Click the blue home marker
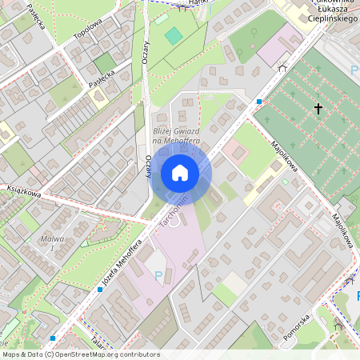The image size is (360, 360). click(x=180, y=173)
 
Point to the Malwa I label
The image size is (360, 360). click(x=51, y=243)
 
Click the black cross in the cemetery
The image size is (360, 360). click(x=318, y=108)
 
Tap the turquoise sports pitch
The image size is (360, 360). click(x=174, y=35)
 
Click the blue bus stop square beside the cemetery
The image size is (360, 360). click(x=259, y=102)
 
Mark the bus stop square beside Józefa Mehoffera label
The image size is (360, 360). click(x=100, y=289)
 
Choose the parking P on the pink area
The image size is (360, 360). click(x=158, y=275)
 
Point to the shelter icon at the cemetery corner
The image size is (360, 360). click(x=282, y=68)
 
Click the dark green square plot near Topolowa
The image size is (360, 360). click(x=104, y=62)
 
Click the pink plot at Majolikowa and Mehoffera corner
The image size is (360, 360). click(x=237, y=150)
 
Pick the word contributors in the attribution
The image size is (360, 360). click(x=139, y=354)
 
